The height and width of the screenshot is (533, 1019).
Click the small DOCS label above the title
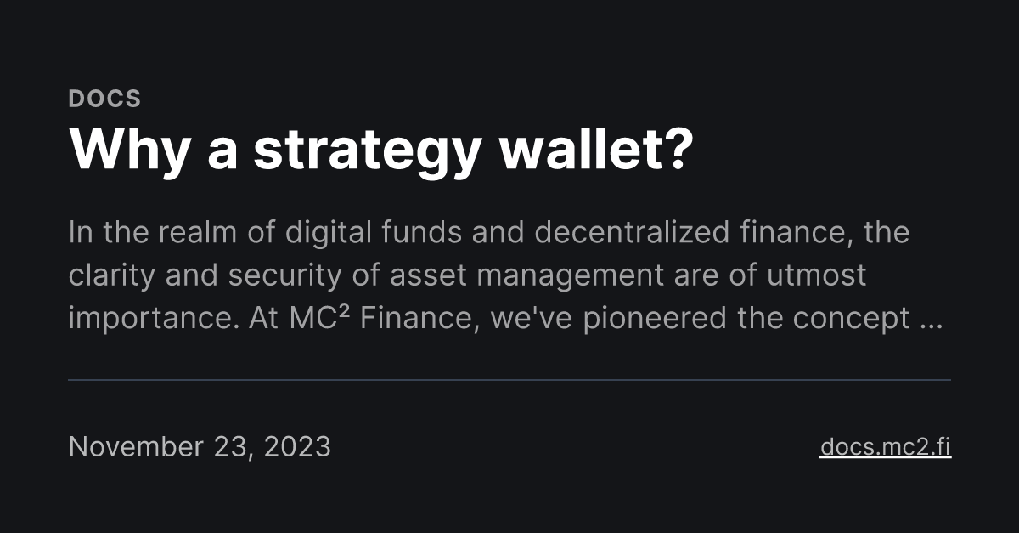pos(104,99)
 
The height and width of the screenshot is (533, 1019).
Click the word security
pos(290,276)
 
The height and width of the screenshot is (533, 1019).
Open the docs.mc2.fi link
pos(885,446)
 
